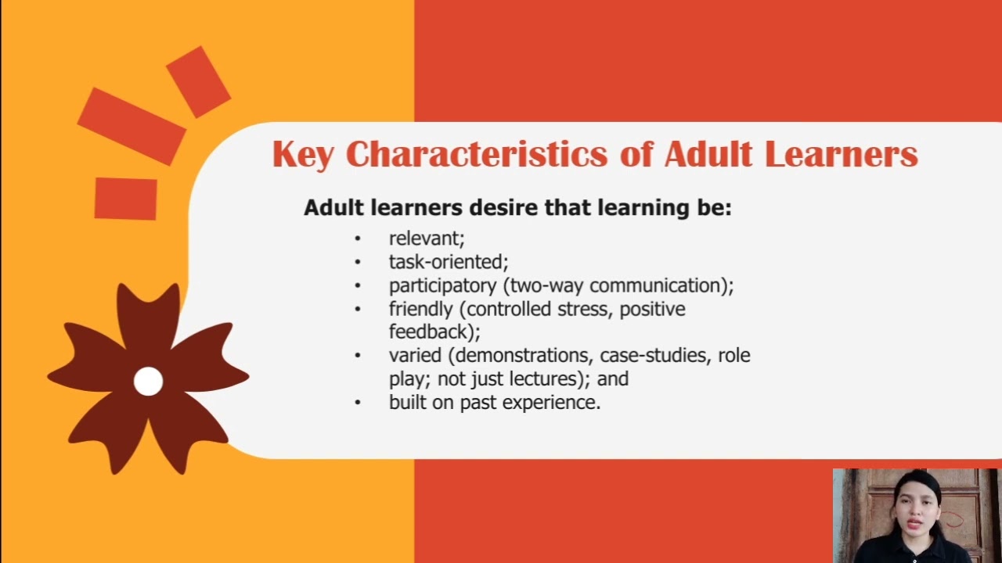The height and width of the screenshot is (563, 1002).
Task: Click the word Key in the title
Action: tap(303, 155)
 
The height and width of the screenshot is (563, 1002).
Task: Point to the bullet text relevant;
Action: tap(427, 238)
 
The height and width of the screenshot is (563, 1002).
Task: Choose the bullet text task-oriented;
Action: tap(449, 262)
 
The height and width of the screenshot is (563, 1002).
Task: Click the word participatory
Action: tap(442, 285)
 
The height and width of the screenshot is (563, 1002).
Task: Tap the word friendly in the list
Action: tap(420, 309)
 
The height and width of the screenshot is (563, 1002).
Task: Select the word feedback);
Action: tap(434, 332)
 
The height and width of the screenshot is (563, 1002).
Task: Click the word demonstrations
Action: tap(524, 356)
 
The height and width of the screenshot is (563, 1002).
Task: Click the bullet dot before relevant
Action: tap(358, 238)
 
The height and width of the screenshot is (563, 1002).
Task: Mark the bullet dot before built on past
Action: tap(358, 403)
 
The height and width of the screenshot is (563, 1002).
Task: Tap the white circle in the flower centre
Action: tap(148, 382)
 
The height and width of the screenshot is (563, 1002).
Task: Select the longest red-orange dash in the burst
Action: tap(132, 126)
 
